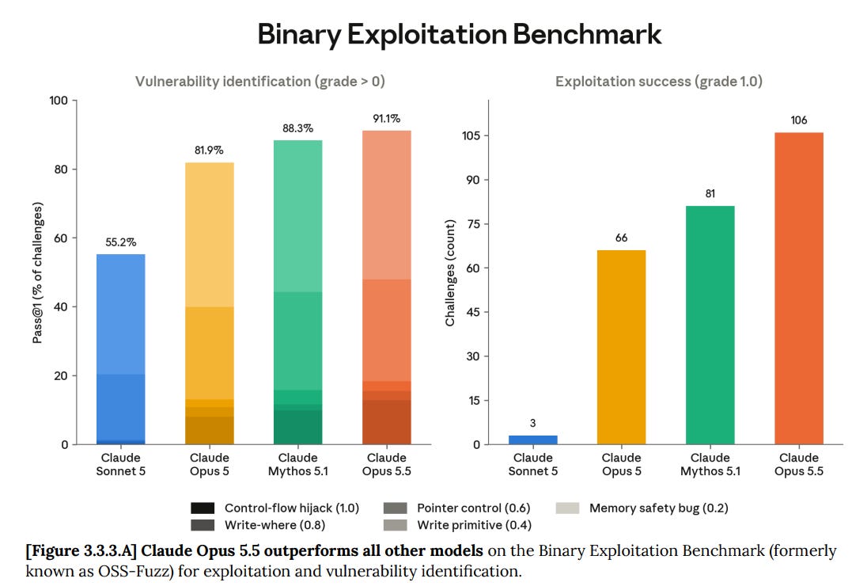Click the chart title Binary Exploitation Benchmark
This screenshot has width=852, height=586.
click(459, 34)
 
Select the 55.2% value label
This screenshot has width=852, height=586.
click(120, 242)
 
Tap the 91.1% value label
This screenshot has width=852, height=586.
click(386, 119)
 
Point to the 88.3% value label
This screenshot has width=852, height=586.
click(297, 128)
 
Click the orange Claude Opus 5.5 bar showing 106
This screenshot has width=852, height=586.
click(799, 288)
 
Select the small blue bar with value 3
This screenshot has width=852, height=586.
click(533, 439)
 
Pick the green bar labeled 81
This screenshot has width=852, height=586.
click(710, 325)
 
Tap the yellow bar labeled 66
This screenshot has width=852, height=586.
click(622, 347)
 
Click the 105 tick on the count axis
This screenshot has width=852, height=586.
click(471, 135)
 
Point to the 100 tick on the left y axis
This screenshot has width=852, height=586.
click(58, 101)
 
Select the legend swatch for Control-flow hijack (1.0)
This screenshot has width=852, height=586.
click(203, 508)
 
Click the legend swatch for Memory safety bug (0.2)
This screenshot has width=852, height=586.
click(567, 508)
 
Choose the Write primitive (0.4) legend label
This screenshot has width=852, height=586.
click(474, 525)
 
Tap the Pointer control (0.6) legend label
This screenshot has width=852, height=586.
click(473, 508)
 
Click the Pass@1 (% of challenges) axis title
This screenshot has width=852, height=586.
click(37, 272)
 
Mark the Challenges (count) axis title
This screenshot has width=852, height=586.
click(449, 272)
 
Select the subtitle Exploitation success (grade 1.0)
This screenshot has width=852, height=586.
click(658, 82)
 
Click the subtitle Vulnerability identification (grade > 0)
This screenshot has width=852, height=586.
click(259, 82)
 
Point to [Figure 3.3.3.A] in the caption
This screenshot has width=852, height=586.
click(81, 550)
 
